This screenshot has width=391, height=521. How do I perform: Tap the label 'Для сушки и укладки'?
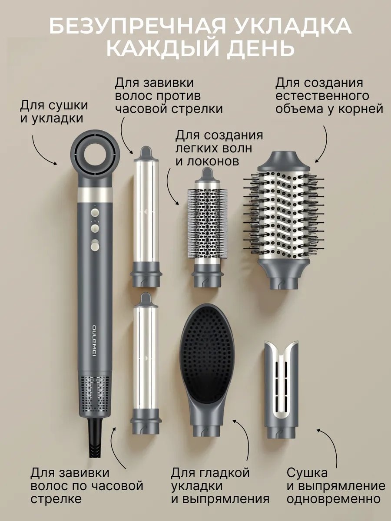(x=54, y=112)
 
